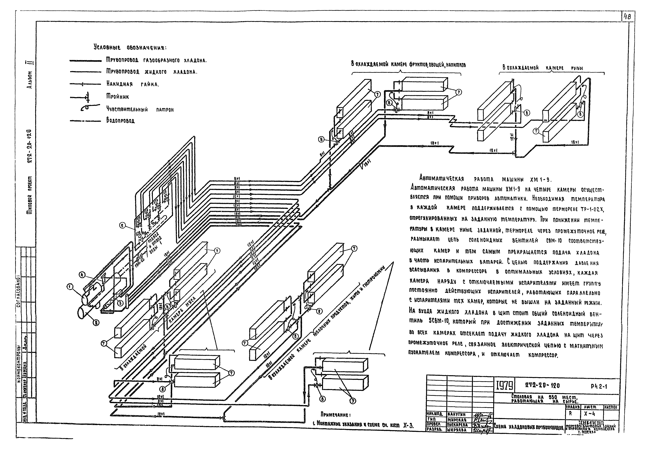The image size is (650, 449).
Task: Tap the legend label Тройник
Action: pyautogui.click(x=117, y=96)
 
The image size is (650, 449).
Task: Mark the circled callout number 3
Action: pyautogui.click(x=120, y=303)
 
